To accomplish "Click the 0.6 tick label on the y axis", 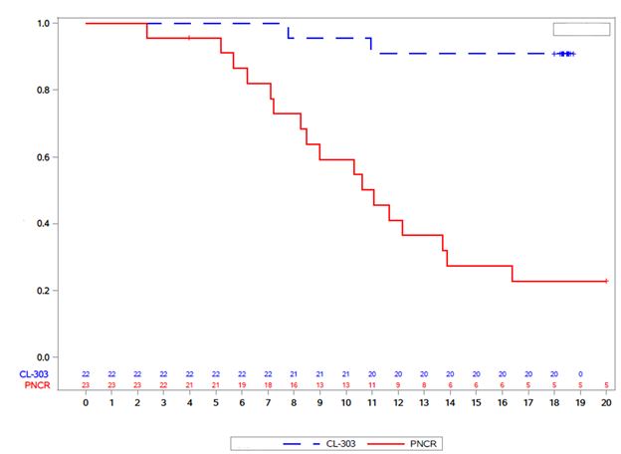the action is tap(43, 157).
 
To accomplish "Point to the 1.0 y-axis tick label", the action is tap(43, 23).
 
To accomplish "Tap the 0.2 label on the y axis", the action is tap(43, 291).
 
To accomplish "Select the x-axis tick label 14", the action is tap(450, 403).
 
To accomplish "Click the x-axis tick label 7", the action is tap(268, 403).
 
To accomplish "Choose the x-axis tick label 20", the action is tap(606, 403).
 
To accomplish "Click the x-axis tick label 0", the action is tap(86, 403).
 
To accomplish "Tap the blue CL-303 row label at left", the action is tap(34, 374).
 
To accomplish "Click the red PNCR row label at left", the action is tap(37, 385).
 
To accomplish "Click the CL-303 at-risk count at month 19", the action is tap(580, 374).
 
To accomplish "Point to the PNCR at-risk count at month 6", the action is tap(242, 385).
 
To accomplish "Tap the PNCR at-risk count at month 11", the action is tap(372, 385).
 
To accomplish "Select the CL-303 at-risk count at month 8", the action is tap(294, 374).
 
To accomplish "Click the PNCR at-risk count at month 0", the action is tap(86, 385).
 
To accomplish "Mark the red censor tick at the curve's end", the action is tap(606, 281).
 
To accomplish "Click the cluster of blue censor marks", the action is tap(564, 54).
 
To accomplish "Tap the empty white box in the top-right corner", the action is tap(581, 29).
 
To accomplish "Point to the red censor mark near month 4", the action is tap(189, 38).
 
